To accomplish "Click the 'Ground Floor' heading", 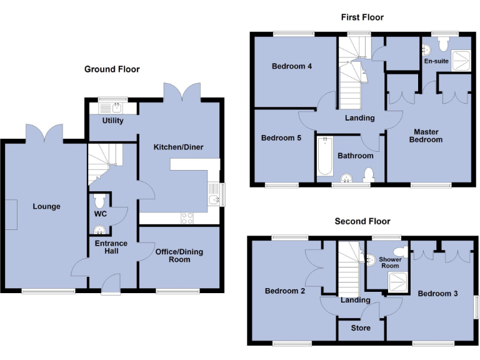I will click(x=112, y=69).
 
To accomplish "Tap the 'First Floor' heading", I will click(x=362, y=17).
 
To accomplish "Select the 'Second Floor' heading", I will click(x=362, y=221).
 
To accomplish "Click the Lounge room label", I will click(x=47, y=206).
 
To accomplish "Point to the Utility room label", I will click(x=112, y=121).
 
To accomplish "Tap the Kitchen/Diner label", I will click(x=178, y=147).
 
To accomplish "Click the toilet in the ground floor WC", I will click(x=99, y=201).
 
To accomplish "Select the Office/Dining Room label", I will click(x=179, y=256).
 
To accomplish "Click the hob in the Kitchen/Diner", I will click(x=187, y=217).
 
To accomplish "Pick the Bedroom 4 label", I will click(x=292, y=66).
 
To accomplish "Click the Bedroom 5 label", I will click(x=281, y=138).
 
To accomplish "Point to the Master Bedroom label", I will click(x=426, y=136).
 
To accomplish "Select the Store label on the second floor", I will click(x=361, y=327).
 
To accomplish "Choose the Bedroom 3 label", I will click(x=434, y=294).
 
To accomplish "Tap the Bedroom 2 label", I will click(x=281, y=291).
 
